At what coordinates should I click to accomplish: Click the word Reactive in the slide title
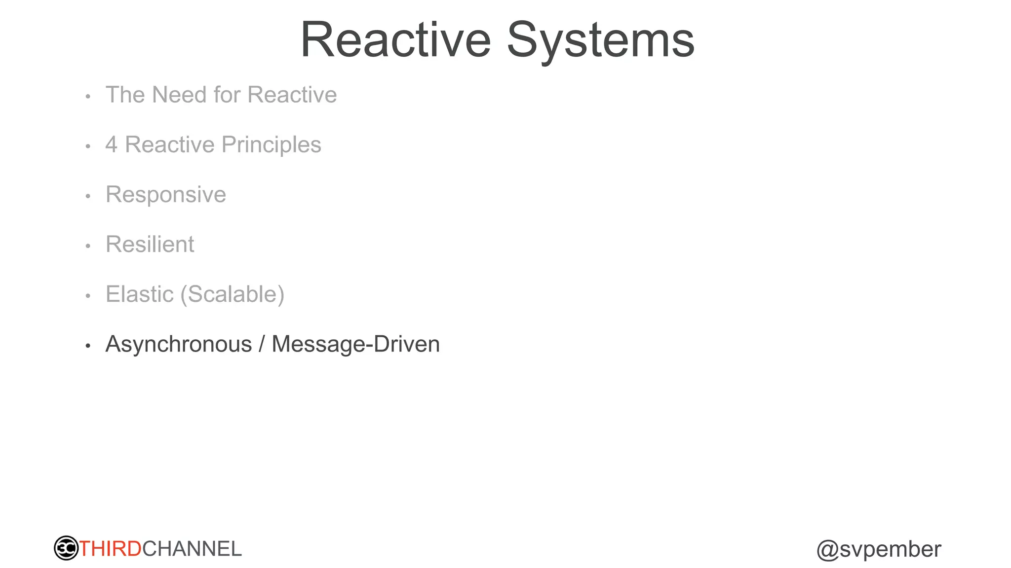tap(395, 40)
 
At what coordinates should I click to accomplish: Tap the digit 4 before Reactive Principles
tap(112, 145)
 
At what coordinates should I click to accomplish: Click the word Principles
tap(272, 145)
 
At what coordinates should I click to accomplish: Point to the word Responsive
tap(166, 195)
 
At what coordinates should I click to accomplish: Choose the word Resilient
tap(150, 245)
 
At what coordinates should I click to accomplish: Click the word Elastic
tap(140, 294)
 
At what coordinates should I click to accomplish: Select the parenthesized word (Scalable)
tap(233, 294)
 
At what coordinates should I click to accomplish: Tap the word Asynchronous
tap(179, 344)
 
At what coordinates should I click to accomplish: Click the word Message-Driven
tap(355, 344)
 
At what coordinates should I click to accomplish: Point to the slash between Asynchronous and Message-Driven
tap(262, 344)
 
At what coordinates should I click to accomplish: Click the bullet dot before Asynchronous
tap(88, 346)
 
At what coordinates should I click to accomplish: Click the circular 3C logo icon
tap(66, 548)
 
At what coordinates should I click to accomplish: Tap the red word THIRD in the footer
tap(111, 549)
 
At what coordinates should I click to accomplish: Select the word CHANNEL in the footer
tap(192, 549)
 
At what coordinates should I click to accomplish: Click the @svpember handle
tap(879, 549)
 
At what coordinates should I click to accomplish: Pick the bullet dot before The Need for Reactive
tap(88, 97)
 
